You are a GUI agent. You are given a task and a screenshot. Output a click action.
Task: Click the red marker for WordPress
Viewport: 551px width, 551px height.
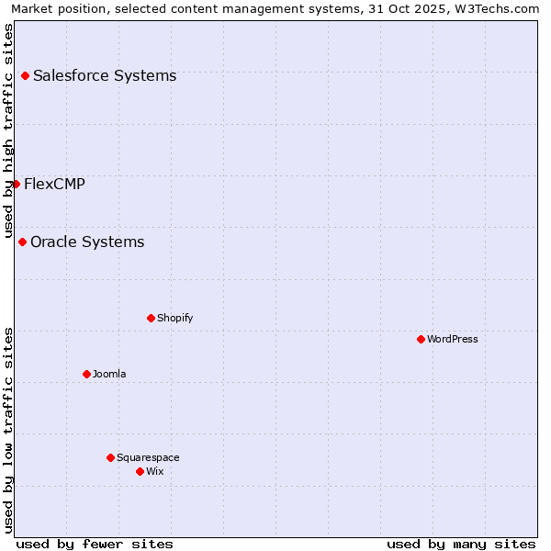tap(421, 339)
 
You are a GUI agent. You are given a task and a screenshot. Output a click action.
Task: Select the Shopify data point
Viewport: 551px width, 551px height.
tap(151, 318)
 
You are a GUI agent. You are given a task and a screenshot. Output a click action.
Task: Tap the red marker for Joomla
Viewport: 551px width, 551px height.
tap(86, 374)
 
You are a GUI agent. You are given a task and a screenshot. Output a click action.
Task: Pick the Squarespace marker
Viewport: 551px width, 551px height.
tap(110, 457)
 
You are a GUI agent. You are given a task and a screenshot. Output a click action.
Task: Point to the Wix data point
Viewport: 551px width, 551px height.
tap(140, 471)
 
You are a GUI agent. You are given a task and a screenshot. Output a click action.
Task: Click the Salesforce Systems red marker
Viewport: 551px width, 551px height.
tap(25, 75)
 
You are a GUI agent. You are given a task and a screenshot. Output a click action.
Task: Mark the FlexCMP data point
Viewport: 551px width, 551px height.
tap(16, 184)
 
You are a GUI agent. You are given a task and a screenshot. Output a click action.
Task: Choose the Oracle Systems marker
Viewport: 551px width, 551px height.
tap(22, 242)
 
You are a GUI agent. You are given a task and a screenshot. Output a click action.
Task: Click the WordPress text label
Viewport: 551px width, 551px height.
tap(453, 339)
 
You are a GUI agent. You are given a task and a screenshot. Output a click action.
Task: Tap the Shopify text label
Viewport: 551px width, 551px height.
tap(175, 318)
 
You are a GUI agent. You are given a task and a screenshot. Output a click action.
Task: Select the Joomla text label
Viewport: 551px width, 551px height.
tap(109, 374)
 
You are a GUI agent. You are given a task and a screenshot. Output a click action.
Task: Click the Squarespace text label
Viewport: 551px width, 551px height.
tap(148, 457)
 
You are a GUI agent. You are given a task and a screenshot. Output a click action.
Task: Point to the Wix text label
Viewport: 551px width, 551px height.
tap(155, 471)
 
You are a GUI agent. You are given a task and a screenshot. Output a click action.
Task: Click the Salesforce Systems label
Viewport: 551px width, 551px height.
tap(105, 75)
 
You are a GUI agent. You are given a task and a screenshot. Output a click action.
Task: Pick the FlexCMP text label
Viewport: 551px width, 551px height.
tap(54, 184)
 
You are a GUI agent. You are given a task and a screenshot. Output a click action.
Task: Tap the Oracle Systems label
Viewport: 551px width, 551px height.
tap(87, 242)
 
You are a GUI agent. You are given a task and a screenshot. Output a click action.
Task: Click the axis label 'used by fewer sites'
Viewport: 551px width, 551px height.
tap(95, 544)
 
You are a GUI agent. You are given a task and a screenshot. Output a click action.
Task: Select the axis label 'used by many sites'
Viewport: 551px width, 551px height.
tap(461, 544)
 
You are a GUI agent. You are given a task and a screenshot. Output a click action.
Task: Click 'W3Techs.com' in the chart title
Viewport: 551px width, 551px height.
tap(502, 8)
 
